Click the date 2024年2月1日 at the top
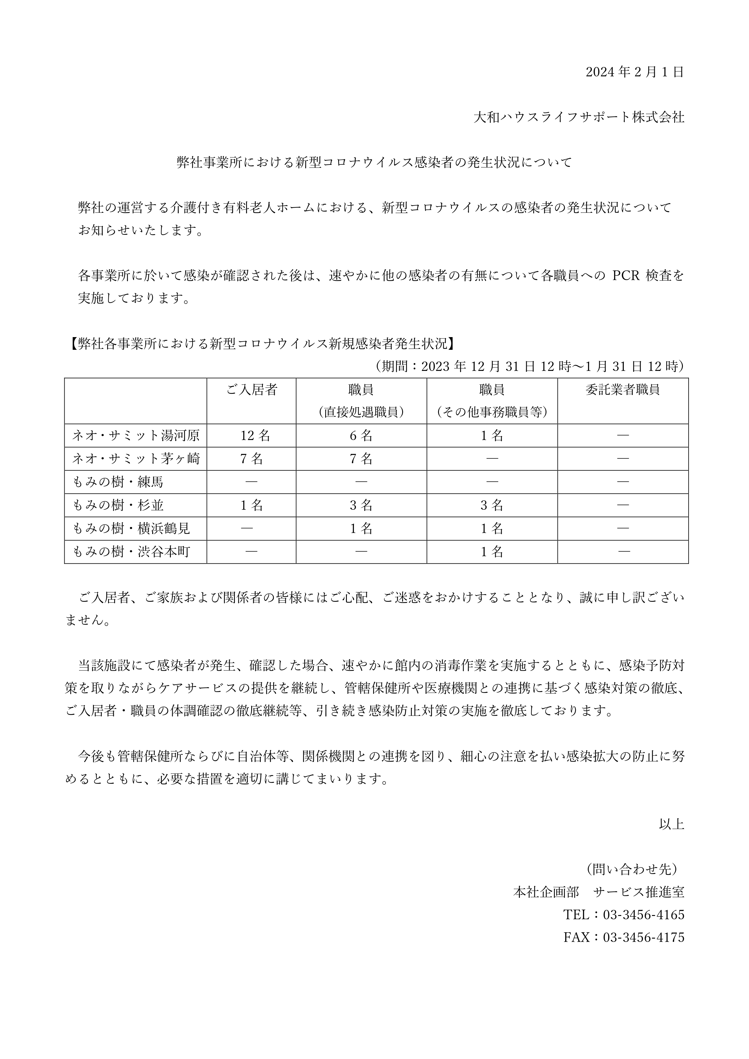click(x=635, y=72)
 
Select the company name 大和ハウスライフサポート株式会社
click(x=579, y=118)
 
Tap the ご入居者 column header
click(x=251, y=390)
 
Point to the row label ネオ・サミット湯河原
click(x=136, y=436)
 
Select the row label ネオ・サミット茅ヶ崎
click(x=136, y=459)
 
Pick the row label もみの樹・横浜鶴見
click(x=132, y=528)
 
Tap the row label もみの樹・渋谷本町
click(x=132, y=552)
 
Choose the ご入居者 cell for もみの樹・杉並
click(x=251, y=506)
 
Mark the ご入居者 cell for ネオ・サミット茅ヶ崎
click(x=251, y=459)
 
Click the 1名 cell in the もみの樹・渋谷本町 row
click(x=492, y=552)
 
